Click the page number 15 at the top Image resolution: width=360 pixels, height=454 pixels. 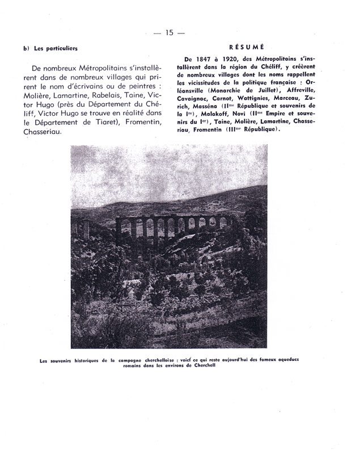170,32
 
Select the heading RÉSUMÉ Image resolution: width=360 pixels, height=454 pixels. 245,48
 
